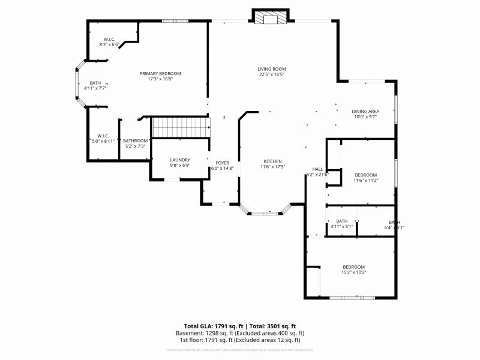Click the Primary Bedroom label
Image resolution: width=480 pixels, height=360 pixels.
[x=160, y=76]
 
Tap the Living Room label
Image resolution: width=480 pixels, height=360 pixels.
[x=271, y=71]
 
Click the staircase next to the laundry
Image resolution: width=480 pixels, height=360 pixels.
[x=180, y=127]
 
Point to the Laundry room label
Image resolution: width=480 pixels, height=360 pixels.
[x=179, y=162]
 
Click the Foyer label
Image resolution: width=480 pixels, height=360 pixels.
[x=222, y=166]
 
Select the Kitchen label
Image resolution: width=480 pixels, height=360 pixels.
[x=272, y=164]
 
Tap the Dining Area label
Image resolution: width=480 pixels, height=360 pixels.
[x=365, y=114]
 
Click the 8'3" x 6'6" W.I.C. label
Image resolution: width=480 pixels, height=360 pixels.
[x=109, y=41]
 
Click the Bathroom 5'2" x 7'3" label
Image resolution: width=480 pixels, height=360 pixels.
[x=134, y=143]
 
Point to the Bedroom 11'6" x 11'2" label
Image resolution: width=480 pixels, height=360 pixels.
[x=365, y=177]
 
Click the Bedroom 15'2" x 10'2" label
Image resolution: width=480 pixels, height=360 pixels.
[x=353, y=269]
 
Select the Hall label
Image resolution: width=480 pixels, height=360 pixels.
[x=317, y=172]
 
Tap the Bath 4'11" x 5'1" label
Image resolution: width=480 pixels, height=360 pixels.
[x=341, y=224]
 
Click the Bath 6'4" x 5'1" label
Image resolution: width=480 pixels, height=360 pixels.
[x=394, y=224]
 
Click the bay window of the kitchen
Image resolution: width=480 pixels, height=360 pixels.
[x=265, y=212]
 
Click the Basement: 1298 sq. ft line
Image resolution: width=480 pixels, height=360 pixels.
[x=239, y=333]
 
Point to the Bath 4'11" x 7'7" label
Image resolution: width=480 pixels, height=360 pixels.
[x=95, y=85]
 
